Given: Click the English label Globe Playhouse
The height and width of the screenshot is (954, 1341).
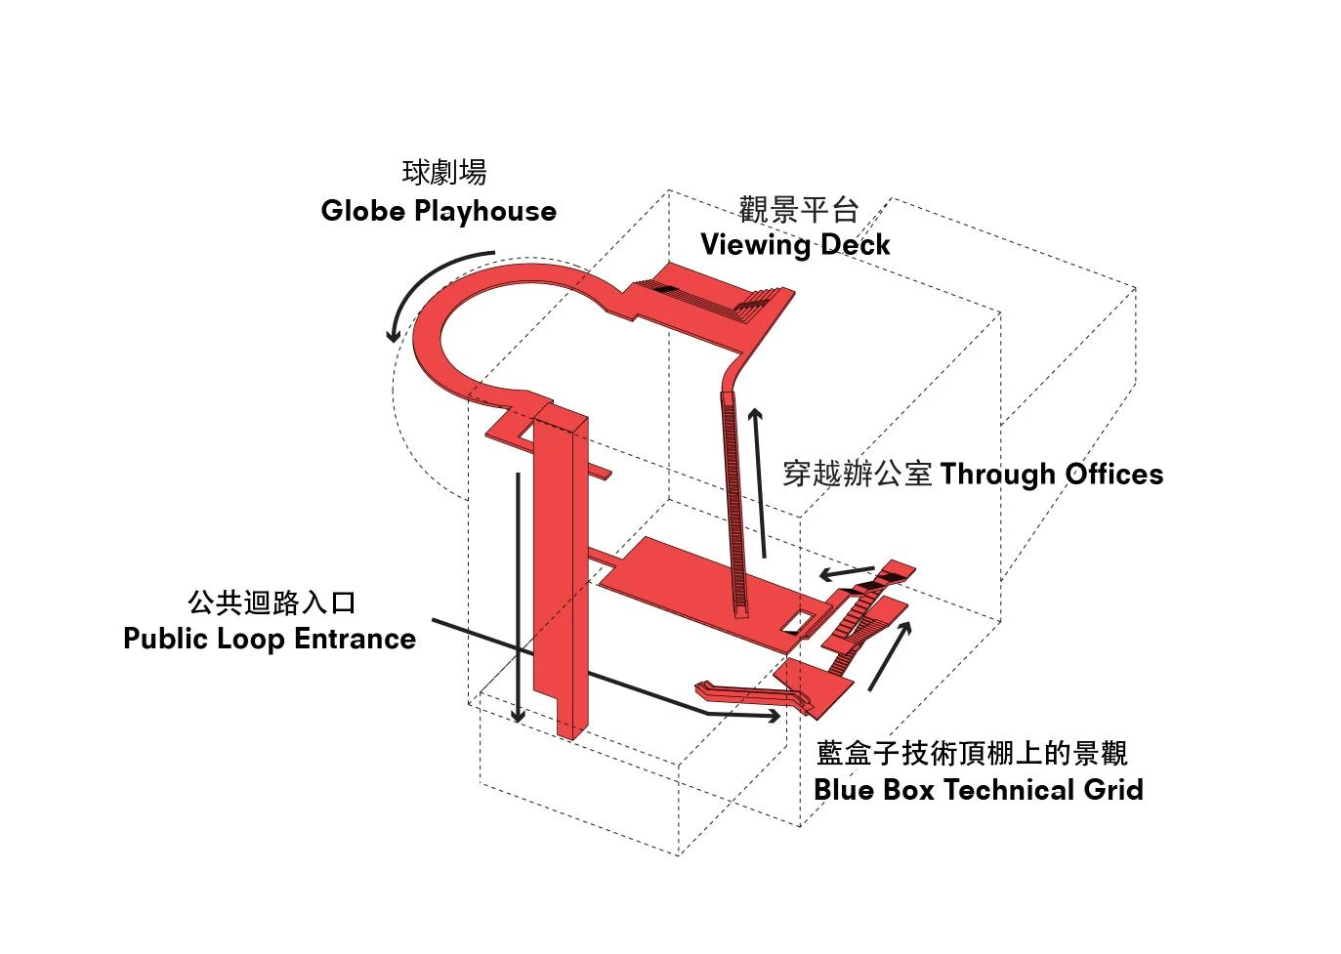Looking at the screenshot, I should point(439,211).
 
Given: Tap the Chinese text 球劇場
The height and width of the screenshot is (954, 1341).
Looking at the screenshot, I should point(444,173).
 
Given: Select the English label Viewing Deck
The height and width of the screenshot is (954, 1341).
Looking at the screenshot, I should point(795,244).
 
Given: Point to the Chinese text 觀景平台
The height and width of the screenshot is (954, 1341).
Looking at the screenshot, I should point(798,209).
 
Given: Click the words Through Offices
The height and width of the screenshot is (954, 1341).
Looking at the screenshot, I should point(1051,475).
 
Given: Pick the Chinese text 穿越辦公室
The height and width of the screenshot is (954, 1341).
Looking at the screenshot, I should point(858,475).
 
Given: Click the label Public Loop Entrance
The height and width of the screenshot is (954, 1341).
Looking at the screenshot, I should point(270,639).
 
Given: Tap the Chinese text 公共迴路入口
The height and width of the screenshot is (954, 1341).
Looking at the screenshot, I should point(272,602).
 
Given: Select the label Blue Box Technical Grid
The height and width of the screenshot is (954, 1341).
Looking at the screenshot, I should point(978,789).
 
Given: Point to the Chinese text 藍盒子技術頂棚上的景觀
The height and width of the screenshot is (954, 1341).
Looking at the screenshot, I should point(972,753).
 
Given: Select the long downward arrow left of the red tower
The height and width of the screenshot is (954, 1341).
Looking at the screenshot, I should point(518,596).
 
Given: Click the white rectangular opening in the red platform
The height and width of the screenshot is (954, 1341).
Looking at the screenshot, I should point(798,620).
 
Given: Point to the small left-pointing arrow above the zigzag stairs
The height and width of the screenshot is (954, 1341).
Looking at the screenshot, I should point(846,572).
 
